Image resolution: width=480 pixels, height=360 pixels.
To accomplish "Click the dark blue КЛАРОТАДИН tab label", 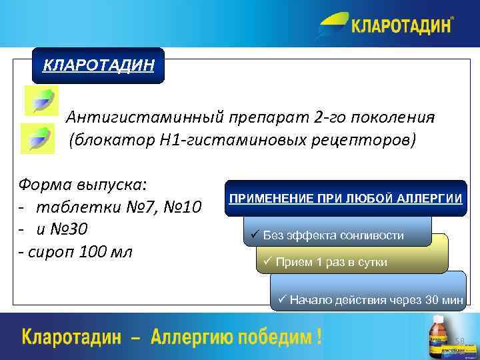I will [x=98, y=65].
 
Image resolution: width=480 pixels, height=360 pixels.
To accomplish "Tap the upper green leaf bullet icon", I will [x=41, y=100].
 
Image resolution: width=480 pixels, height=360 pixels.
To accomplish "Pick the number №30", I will [x=70, y=229].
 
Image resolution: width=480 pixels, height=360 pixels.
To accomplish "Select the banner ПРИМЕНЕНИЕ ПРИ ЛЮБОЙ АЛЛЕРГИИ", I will [x=345, y=199].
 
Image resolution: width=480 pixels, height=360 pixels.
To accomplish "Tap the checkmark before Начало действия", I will [x=282, y=300].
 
